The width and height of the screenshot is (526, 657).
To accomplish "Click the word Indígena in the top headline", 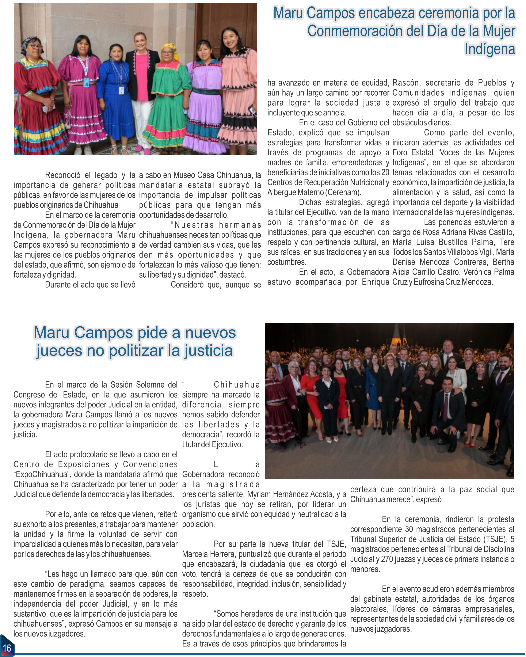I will click(x=489, y=49).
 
